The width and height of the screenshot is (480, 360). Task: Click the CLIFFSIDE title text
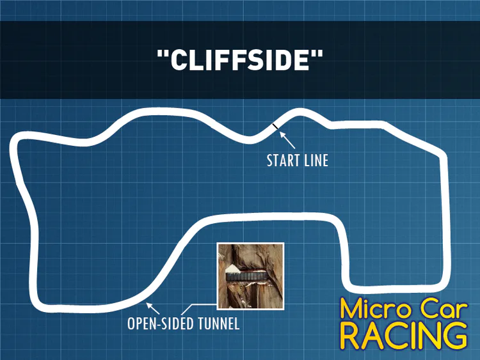pyautogui.click(x=240, y=59)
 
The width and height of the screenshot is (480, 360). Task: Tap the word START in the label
pyautogui.click(x=282, y=160)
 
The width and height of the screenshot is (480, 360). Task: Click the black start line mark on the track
pyautogui.click(x=275, y=126)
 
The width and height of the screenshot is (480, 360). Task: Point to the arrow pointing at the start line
pyautogui.click(x=287, y=140)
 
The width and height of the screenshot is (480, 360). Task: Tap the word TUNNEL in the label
pyautogui.click(x=219, y=324)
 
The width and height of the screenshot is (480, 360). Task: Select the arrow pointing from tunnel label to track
pyautogui.click(x=153, y=308)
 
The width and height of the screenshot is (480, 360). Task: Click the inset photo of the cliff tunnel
pyautogui.click(x=250, y=276)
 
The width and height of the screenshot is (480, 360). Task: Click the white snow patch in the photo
pyautogui.click(x=232, y=269)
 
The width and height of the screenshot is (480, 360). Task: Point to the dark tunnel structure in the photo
pyautogui.click(x=247, y=276)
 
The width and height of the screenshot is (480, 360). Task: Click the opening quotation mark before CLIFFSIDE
pyautogui.click(x=163, y=53)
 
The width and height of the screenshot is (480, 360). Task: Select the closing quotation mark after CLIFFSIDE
pyautogui.click(x=317, y=53)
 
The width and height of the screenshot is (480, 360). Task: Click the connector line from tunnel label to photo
pyautogui.click(x=199, y=309)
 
